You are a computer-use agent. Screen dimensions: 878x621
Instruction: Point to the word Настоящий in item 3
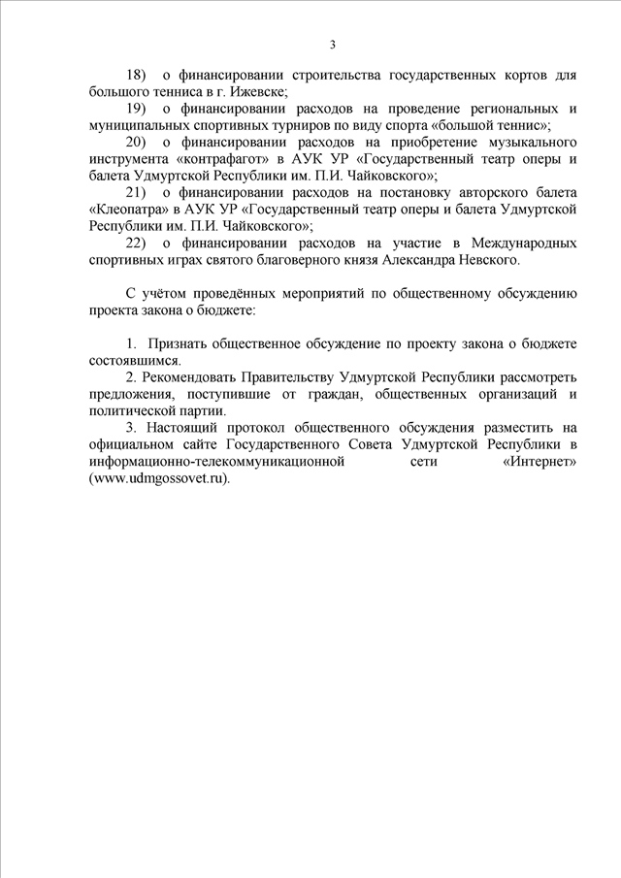click(x=186, y=428)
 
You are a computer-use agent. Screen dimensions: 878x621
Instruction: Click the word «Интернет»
click(x=540, y=462)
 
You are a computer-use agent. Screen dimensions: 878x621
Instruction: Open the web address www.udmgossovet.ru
click(x=161, y=478)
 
